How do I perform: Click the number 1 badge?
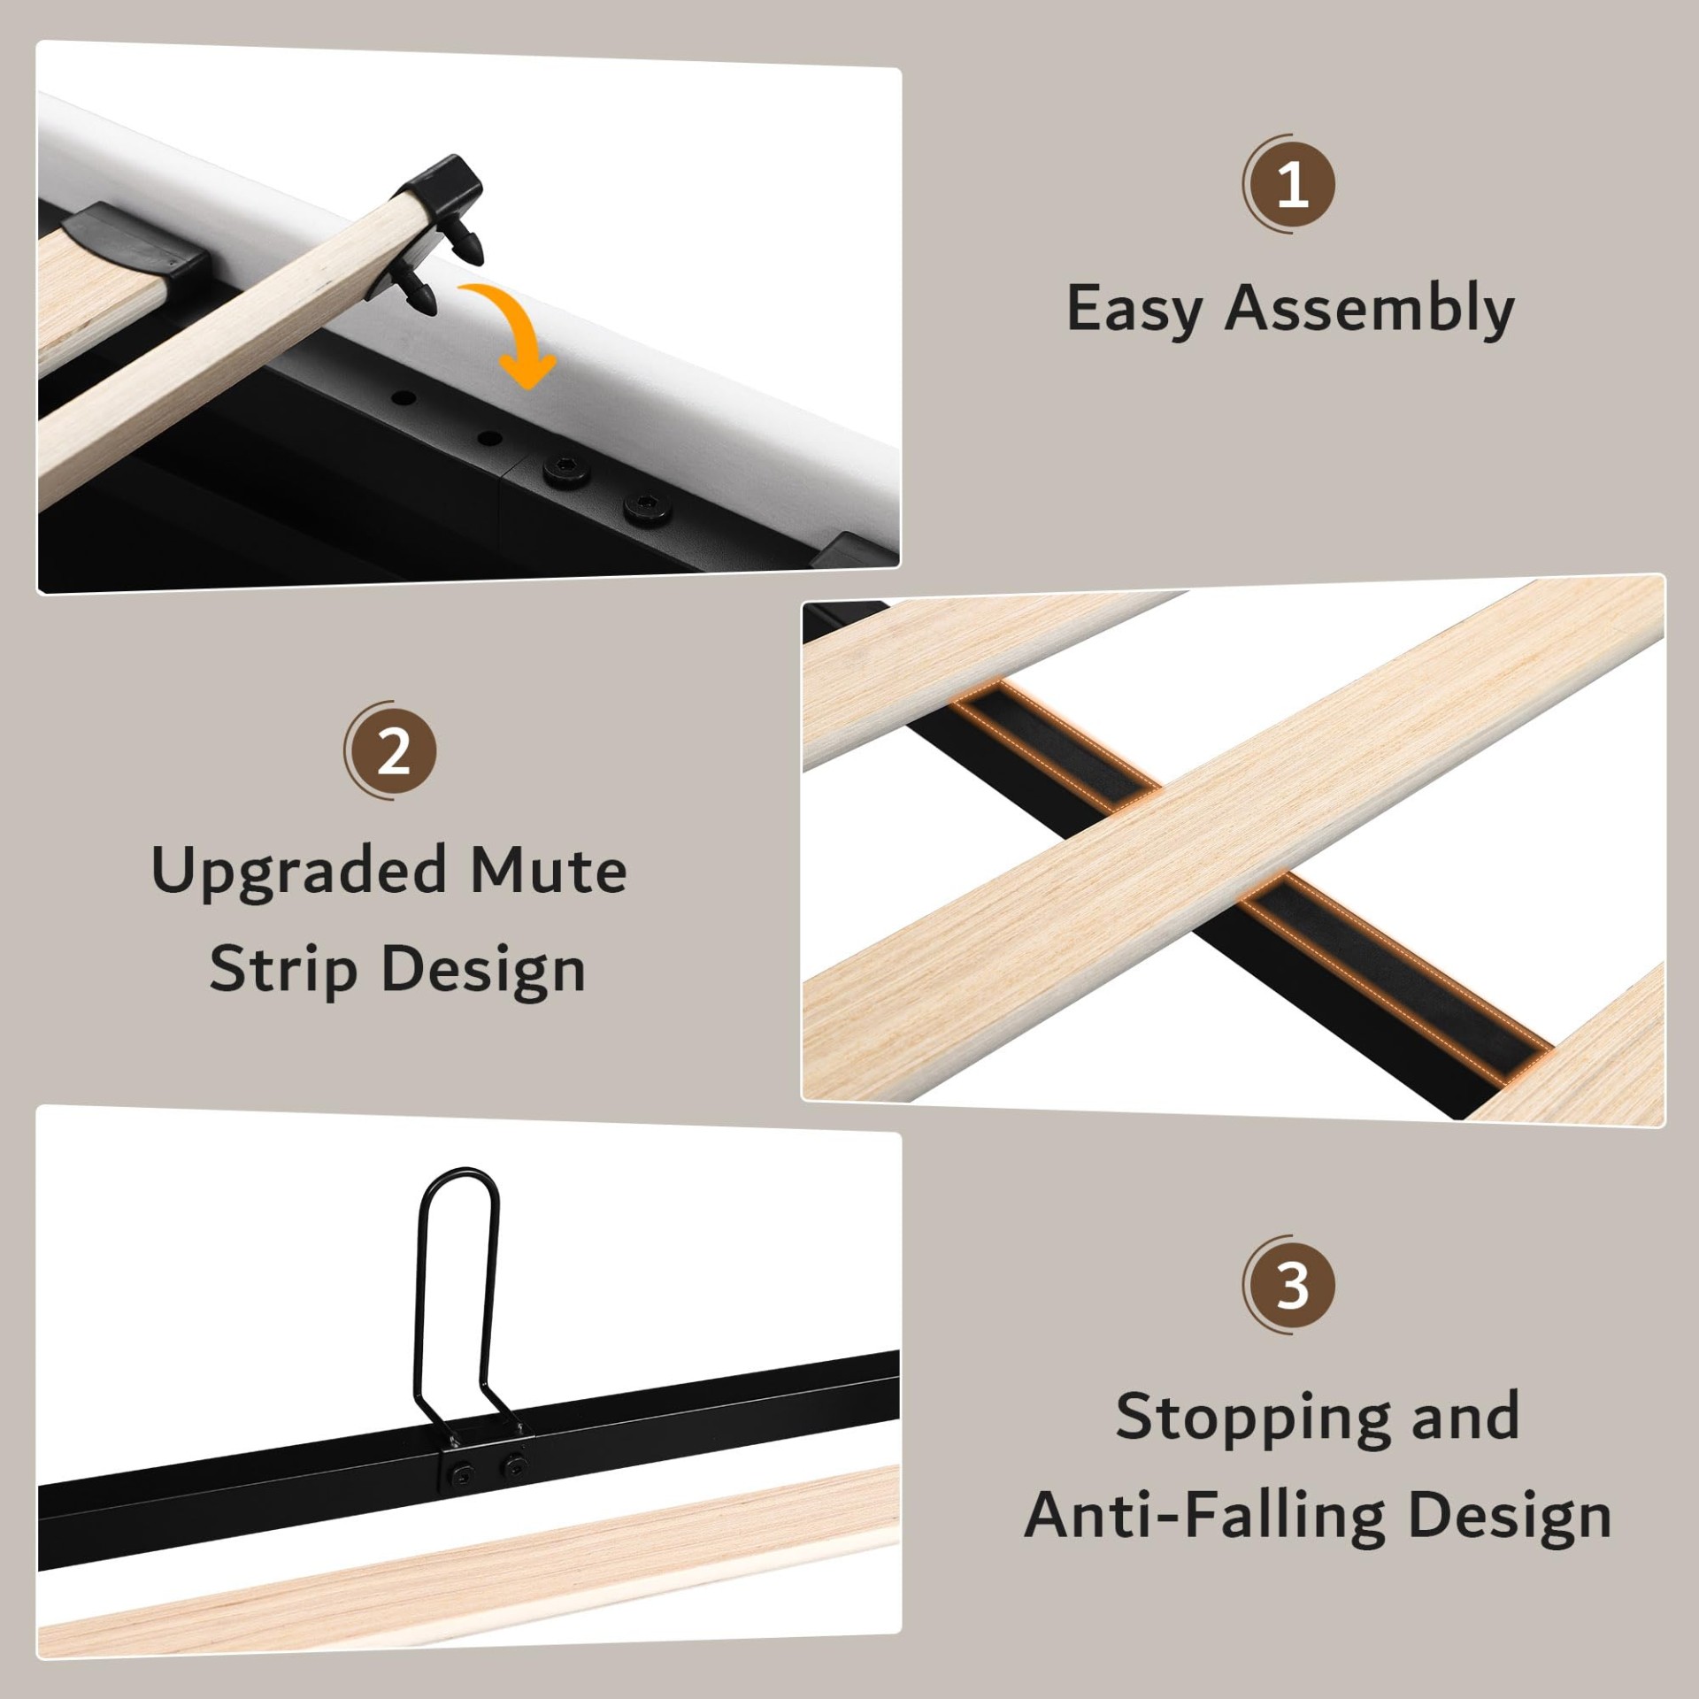tap(1291, 184)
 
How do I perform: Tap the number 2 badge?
tap(392, 751)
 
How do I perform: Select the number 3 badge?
tap(1291, 1285)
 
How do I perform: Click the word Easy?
tap(1135, 309)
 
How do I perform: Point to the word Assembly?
tap(1370, 309)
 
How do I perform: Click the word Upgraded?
tap(298, 873)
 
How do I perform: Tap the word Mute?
tap(548, 871)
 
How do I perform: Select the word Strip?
tap(283, 970)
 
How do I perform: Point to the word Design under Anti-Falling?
tap(1510, 1517)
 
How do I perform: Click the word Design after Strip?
tap(484, 970)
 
